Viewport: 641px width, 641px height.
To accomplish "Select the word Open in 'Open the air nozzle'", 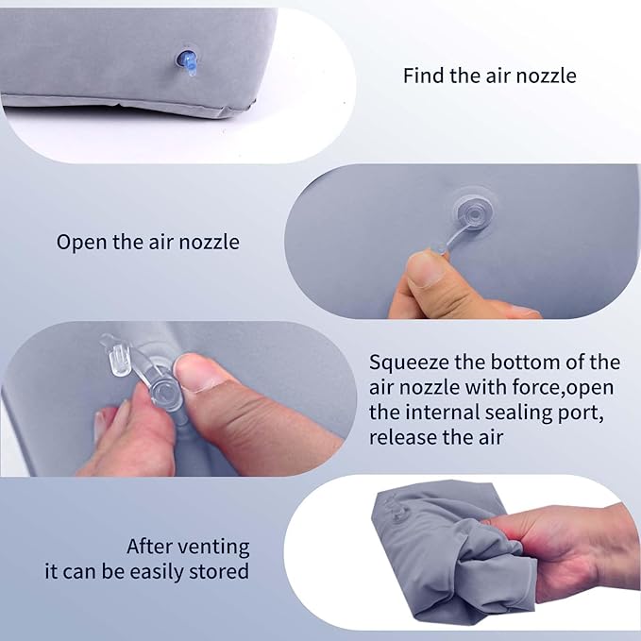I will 79,242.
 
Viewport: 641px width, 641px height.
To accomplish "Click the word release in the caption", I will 401,437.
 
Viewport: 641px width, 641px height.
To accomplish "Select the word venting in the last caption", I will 213,547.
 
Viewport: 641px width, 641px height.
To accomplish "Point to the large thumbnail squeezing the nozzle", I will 199,370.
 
